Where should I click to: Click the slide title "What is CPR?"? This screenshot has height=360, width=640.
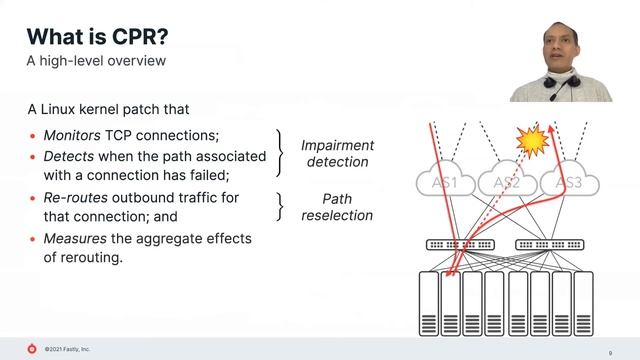click(96, 37)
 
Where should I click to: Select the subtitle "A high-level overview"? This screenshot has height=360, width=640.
click(95, 62)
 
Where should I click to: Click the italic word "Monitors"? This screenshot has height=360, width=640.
click(72, 136)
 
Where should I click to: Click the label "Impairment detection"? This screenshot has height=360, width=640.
click(335, 153)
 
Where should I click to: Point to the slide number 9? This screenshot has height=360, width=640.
click(610, 352)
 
